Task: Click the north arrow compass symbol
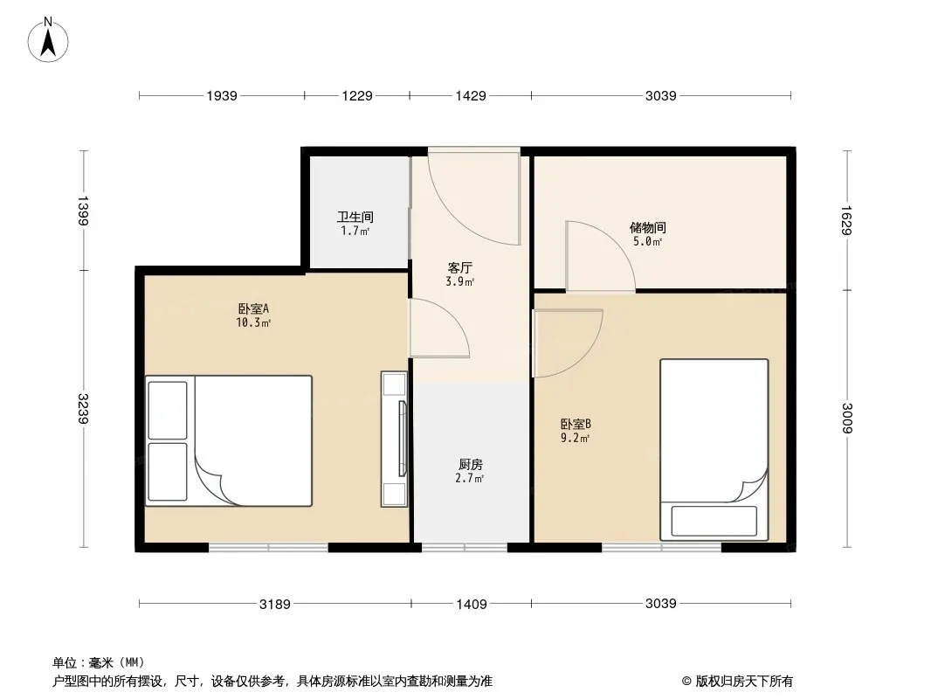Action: click(48, 40)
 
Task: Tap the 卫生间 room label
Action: click(355, 217)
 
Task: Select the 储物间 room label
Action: click(647, 227)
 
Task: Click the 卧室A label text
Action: click(253, 308)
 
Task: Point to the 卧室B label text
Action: click(576, 424)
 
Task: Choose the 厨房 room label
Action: click(470, 465)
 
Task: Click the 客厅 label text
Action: click(459, 267)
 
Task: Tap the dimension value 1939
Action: click(222, 95)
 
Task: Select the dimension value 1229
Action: click(357, 95)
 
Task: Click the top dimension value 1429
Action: click(470, 95)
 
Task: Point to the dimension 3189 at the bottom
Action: click(275, 604)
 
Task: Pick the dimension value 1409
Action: click(472, 604)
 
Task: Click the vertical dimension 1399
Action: click(83, 211)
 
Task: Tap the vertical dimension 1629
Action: click(846, 220)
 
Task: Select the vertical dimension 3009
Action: click(846, 419)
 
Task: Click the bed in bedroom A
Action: click(229, 440)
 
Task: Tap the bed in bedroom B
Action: click(714, 450)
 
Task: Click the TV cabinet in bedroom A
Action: click(394, 439)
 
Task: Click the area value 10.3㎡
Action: click(253, 323)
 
